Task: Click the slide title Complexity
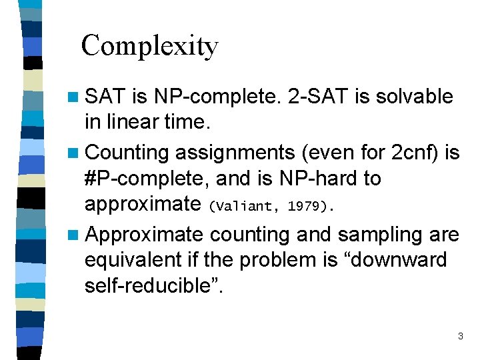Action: pos(149,45)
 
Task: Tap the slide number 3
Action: pos(460,337)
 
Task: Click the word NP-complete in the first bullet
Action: pos(218,97)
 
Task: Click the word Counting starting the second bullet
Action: pos(127,153)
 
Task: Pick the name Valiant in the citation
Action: pos(242,207)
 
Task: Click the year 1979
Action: pos(304,207)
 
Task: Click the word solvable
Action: pos(413,97)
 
